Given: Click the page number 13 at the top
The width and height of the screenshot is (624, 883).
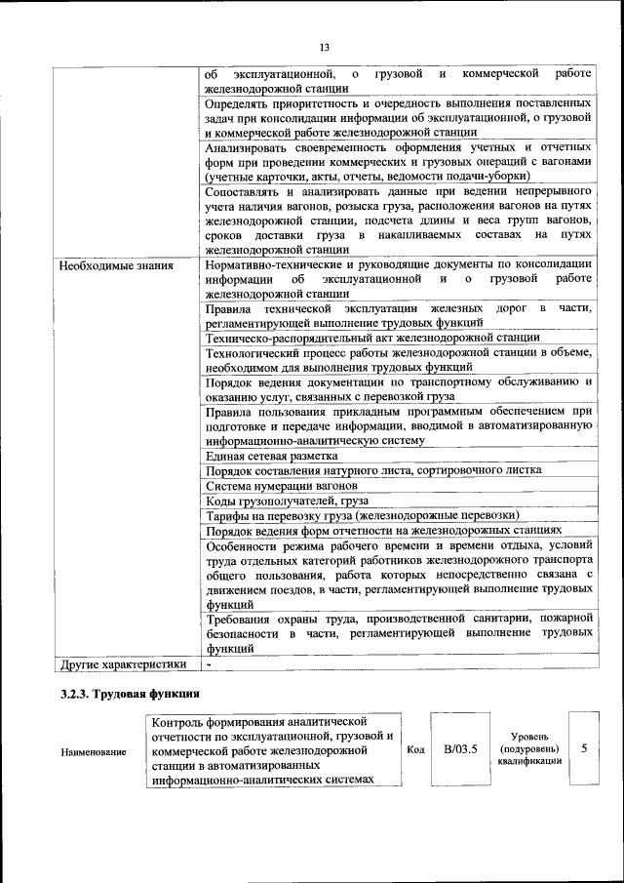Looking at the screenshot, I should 325,47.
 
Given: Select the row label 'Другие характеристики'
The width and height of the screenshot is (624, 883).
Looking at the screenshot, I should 122,664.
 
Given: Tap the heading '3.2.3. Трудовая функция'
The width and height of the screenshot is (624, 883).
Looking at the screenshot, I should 130,695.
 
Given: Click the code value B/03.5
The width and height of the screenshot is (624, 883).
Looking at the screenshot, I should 459,749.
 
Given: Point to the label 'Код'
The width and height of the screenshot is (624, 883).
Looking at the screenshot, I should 414,749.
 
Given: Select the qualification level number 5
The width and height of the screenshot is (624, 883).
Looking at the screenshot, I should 584,748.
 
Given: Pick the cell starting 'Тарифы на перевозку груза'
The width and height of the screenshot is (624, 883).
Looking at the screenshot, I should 363,514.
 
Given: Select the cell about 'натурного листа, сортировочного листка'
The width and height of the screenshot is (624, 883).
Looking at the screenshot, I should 374,470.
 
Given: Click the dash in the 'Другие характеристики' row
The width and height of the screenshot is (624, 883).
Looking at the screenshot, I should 209,664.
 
